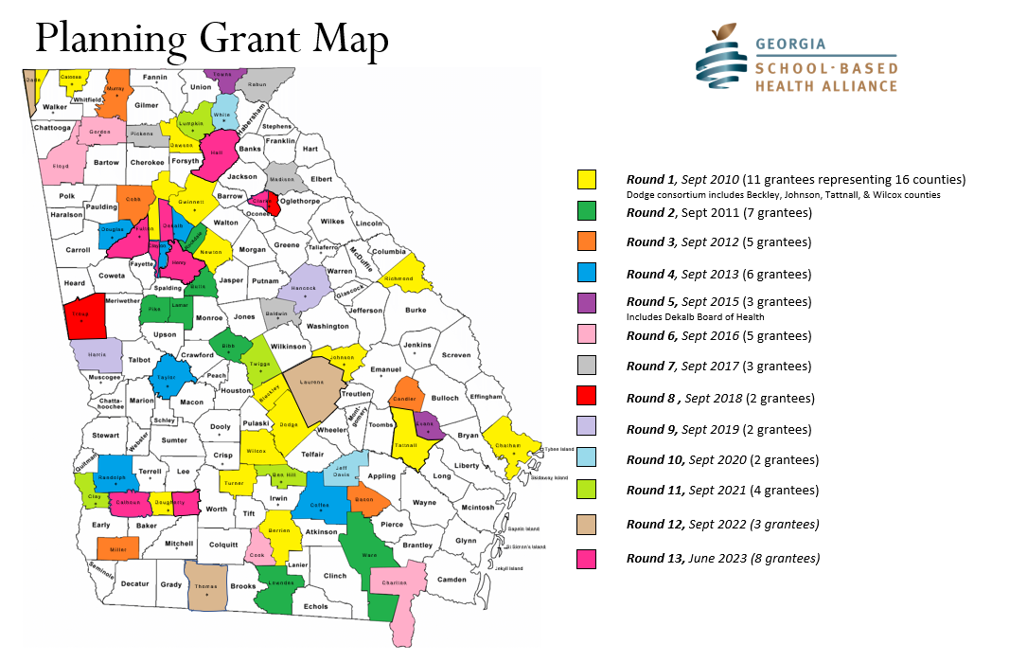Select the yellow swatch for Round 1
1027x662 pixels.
(587, 179)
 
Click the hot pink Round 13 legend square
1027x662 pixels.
(587, 559)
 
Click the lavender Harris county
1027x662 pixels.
(97, 355)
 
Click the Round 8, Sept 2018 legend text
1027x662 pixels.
(720, 399)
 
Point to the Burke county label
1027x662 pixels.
(416, 310)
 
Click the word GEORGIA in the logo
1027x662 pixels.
(789, 44)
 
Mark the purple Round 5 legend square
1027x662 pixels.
(587, 302)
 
